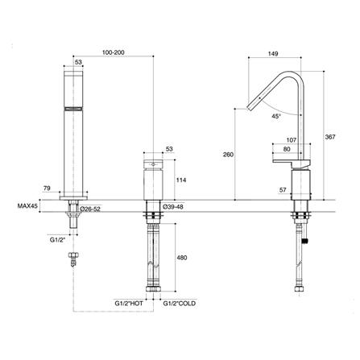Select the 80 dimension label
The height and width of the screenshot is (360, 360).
click(288, 151)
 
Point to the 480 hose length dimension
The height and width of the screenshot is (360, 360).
click(181, 259)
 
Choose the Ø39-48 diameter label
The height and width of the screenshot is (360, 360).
click(173, 208)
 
